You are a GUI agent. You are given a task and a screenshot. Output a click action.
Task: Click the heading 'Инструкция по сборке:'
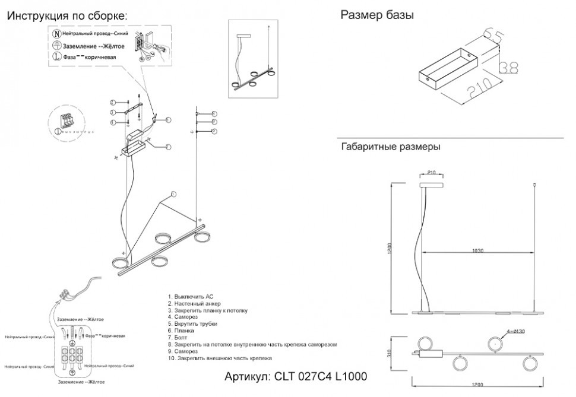point(67,16)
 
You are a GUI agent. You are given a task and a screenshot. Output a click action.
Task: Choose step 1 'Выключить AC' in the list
point(186,296)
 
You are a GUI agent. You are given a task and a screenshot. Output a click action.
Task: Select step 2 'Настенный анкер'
point(190,303)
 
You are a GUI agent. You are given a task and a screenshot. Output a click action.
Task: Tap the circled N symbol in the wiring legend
point(56,34)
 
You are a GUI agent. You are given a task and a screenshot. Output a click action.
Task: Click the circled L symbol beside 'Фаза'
point(56,57)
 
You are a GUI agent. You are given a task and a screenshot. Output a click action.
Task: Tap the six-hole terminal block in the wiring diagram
point(72,354)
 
